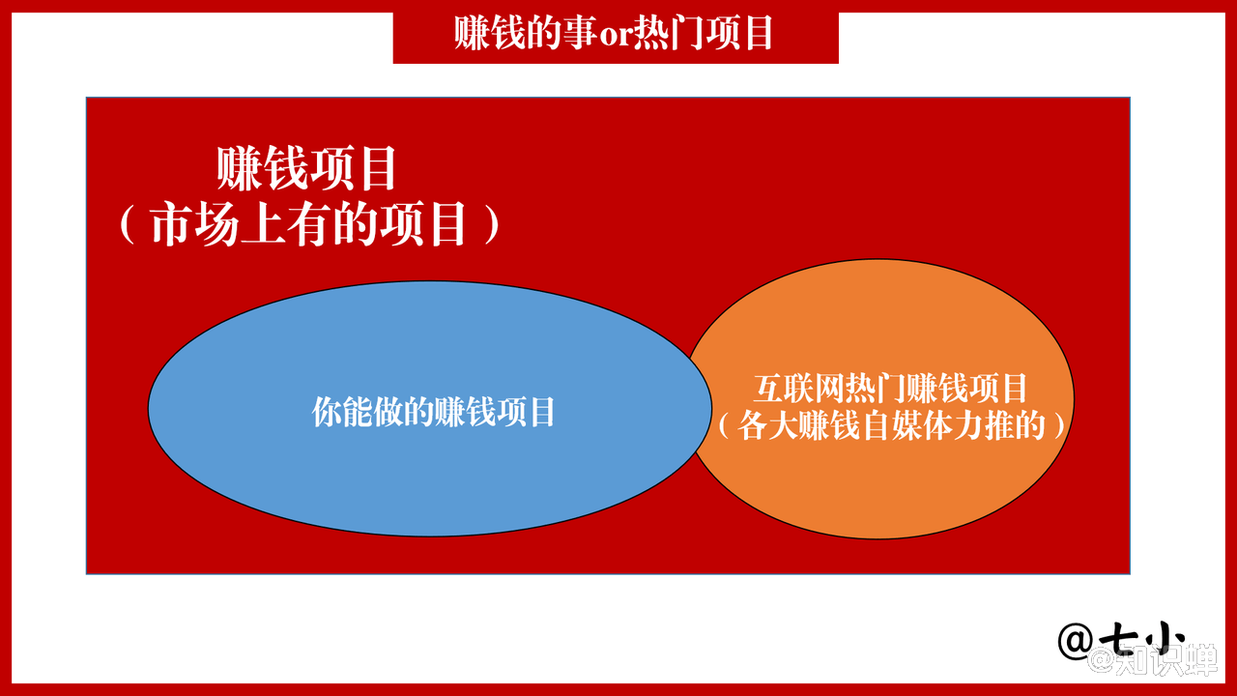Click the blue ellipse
pos(430,409)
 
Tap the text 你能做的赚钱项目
pos(433,412)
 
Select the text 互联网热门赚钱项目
pos(890,389)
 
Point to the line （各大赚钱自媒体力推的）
pos(891,425)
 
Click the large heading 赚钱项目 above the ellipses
pos(306,168)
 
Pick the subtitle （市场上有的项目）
pos(310,223)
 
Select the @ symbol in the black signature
pos(1076,641)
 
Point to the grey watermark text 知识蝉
pos(1166,659)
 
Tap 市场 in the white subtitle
pos(194,223)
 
